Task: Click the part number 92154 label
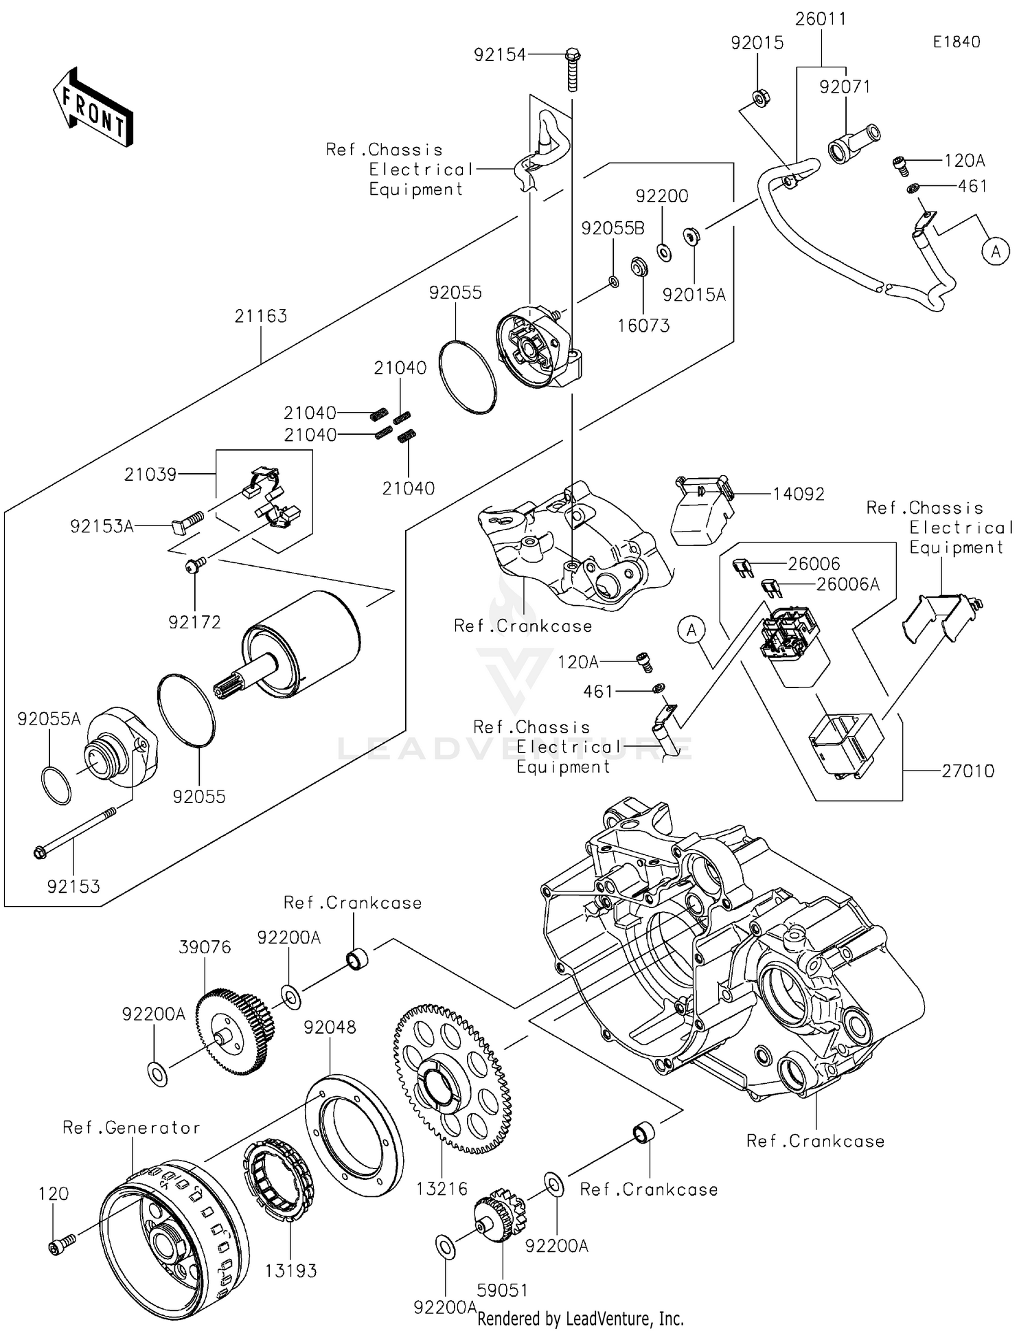click(x=499, y=55)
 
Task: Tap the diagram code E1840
click(x=956, y=42)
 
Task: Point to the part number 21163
click(x=260, y=316)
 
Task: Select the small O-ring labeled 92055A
click(x=56, y=786)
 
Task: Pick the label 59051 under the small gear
click(x=502, y=1290)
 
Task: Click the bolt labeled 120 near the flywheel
click(x=61, y=1242)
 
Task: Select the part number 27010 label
click(x=968, y=771)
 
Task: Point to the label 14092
click(x=798, y=494)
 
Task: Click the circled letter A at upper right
click(x=995, y=251)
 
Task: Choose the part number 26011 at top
click(x=821, y=19)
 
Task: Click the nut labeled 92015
click(x=759, y=98)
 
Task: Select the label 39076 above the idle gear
click(x=205, y=947)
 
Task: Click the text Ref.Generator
click(x=131, y=1127)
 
